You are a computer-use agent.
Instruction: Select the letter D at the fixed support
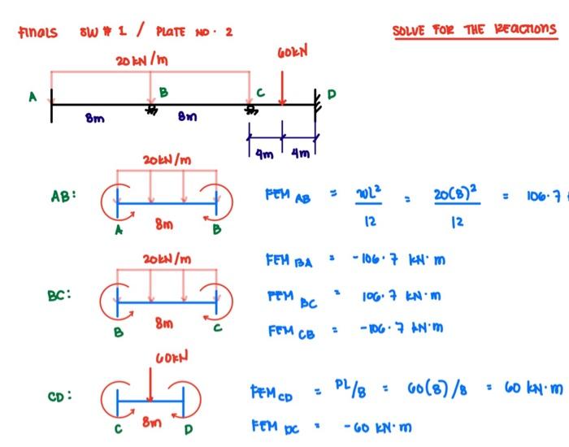click(x=330, y=95)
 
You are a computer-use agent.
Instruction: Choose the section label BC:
click(x=60, y=295)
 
